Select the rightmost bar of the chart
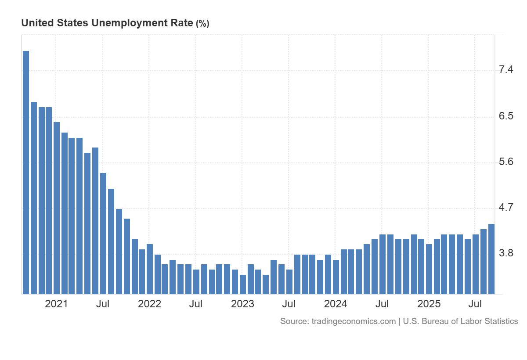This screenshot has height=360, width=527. point(491,259)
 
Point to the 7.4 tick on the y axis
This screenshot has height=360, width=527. point(506,70)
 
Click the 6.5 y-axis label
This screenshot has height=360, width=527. point(506,116)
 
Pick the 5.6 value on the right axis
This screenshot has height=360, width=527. point(506,162)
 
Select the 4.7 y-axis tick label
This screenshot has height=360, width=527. point(506,208)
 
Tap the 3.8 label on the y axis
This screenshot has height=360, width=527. point(506,254)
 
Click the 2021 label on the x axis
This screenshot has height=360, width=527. point(57,304)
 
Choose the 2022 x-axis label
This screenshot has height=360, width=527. point(149,304)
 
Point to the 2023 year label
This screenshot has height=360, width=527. point(242,304)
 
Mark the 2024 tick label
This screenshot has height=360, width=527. point(336,304)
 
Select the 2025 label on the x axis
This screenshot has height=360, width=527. point(429,304)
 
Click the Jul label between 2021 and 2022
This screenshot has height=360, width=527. point(103,304)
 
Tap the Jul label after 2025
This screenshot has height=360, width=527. point(475,304)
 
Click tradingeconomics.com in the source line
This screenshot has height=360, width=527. point(354,321)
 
